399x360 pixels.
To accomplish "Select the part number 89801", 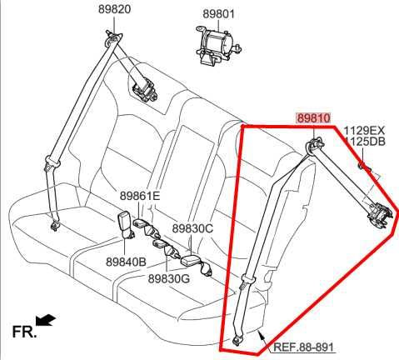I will [x=219, y=13].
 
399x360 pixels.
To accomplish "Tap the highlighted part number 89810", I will [x=313, y=118].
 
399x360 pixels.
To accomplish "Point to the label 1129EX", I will [x=365, y=130].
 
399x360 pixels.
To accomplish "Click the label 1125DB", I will [x=365, y=142].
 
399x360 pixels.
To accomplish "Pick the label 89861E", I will [x=139, y=196].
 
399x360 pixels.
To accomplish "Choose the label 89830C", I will [x=192, y=227].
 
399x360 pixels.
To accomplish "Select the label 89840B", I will [x=126, y=261].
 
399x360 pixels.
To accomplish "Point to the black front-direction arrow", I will [x=47, y=320].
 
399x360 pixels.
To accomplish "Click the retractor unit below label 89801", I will [x=216, y=42].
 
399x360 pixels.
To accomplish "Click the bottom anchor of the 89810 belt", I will [x=240, y=337].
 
